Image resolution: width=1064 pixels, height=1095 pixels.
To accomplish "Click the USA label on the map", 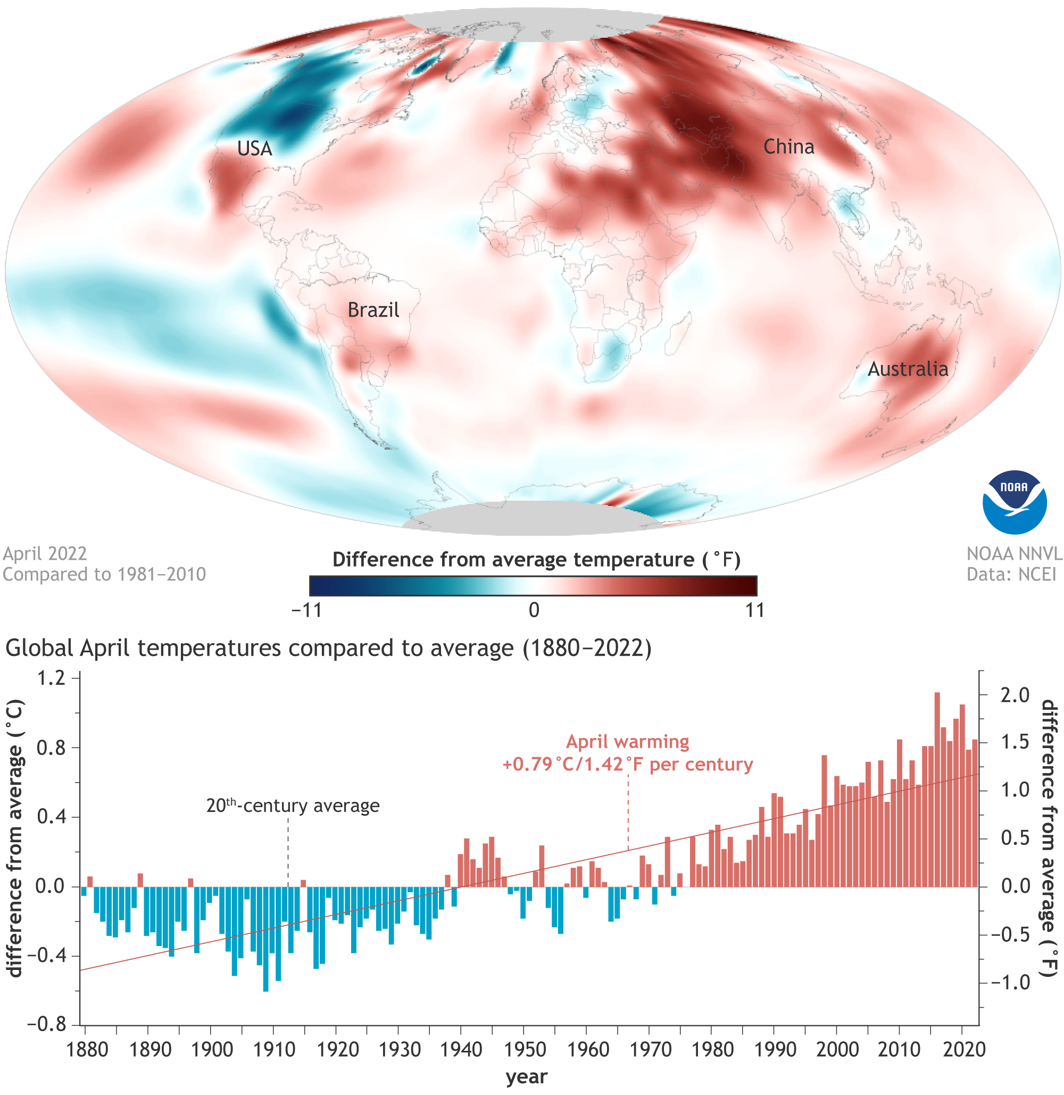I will click(x=254, y=148).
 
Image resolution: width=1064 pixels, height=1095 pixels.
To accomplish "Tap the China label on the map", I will click(x=788, y=147).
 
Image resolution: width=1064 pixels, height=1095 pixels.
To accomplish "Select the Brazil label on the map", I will click(x=373, y=310).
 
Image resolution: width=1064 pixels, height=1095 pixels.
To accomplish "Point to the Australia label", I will click(x=908, y=369).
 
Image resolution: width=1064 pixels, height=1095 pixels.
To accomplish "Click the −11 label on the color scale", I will click(x=307, y=610).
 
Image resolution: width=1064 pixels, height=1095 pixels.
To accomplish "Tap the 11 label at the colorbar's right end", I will click(x=754, y=610).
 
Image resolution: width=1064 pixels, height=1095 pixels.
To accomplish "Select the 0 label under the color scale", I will click(x=534, y=610).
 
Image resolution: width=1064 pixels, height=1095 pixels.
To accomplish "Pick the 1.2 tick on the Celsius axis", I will click(x=51, y=678).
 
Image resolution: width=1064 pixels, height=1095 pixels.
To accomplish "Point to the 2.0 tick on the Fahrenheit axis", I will click(x=1015, y=695).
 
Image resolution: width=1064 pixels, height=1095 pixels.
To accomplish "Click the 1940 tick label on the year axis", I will click(x=461, y=1050).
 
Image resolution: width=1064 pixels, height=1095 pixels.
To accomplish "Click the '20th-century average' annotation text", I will click(x=293, y=806).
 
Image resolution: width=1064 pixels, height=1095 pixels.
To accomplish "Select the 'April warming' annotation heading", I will click(x=628, y=742).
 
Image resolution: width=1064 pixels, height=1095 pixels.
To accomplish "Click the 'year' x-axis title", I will click(x=526, y=1076).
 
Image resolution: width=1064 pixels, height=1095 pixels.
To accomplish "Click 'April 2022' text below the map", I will click(x=45, y=553).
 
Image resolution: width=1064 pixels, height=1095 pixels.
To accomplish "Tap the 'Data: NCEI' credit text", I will click(x=1011, y=574).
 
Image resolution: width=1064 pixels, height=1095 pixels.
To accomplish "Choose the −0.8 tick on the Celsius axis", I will click(x=46, y=1025).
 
